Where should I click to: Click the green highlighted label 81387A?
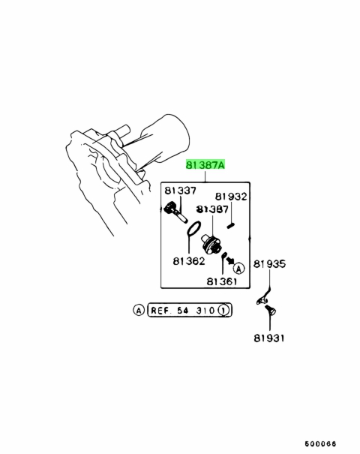205,165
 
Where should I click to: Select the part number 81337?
180,191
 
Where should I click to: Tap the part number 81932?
231,197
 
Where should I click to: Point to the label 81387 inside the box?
213,209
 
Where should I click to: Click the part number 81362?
189,261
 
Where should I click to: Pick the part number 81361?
222,281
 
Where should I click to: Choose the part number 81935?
269,264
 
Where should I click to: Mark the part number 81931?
269,338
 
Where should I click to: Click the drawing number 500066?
320,443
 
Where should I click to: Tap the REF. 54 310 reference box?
190,310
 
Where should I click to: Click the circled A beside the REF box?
139,310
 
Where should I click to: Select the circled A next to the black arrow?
238,269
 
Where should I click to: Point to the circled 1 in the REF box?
223,311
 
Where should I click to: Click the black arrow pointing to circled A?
230,260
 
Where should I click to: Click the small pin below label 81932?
232,225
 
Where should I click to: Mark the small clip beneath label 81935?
263,298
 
